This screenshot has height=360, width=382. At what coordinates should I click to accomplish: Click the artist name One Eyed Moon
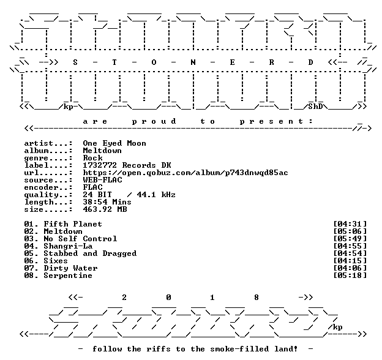tap(114, 143)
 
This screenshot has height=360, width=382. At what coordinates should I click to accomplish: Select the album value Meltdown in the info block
tap(102, 151)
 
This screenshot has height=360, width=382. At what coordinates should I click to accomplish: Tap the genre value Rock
tap(92, 158)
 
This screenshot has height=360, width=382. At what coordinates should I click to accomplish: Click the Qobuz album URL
tap(185, 173)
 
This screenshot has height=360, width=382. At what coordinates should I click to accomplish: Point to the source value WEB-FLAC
tap(102, 180)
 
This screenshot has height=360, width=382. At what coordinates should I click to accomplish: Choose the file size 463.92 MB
tap(105, 209)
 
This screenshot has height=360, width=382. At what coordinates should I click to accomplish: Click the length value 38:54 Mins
tap(107, 202)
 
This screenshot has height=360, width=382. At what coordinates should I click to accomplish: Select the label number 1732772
tap(100, 165)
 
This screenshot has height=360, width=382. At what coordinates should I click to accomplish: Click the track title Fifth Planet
tap(73, 224)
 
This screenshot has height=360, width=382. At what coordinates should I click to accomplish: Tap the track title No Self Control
tap(80, 238)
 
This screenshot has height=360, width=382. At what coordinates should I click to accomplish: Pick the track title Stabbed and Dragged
tap(90, 253)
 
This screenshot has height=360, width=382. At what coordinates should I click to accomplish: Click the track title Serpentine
tap(68, 276)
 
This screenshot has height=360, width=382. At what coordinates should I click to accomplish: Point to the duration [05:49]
tap(350, 238)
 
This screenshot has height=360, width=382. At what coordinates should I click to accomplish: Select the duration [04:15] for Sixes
tap(350, 261)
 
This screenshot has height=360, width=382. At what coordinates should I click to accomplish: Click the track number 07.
tap(29, 268)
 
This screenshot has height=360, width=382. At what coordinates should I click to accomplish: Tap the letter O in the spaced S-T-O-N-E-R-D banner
tap(154, 62)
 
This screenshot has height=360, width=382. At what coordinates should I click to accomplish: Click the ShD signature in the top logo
tap(315, 107)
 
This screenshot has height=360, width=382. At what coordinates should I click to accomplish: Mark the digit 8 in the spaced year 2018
tap(257, 298)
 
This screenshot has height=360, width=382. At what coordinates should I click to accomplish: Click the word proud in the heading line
tap(154, 121)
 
